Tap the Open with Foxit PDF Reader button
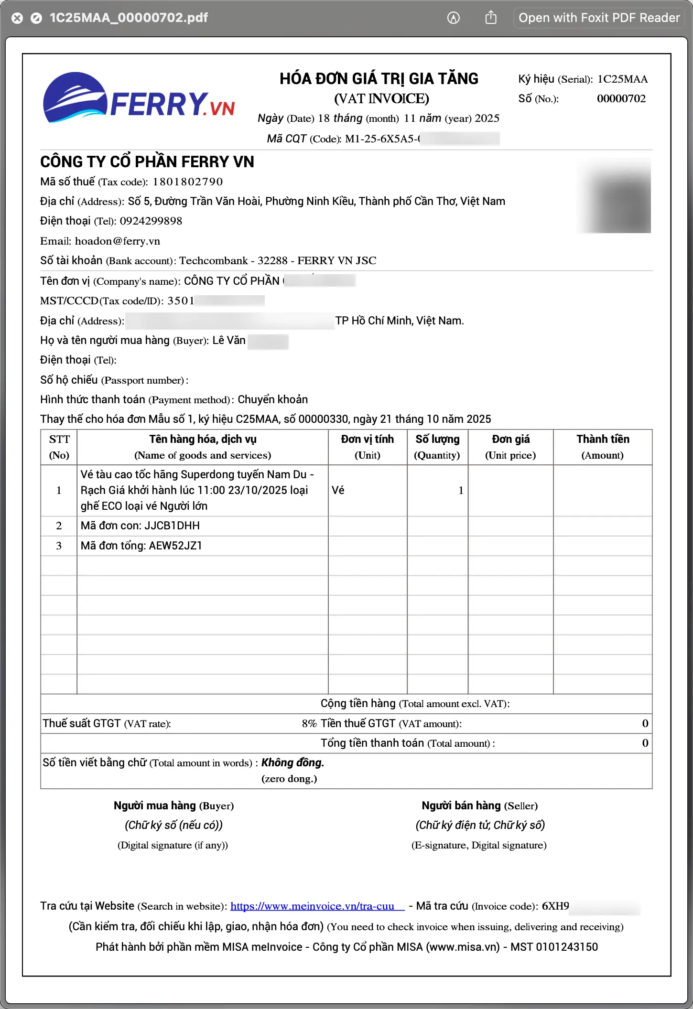(599, 18)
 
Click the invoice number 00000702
(621, 99)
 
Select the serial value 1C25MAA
(622, 79)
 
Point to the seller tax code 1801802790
(187, 182)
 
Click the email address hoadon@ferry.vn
(117, 241)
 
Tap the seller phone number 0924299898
(151, 221)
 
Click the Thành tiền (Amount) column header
(602, 447)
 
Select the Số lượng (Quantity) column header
(437, 447)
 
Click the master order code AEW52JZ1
(175, 546)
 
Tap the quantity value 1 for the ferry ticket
(461, 490)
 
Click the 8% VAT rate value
(309, 723)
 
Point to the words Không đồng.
(292, 762)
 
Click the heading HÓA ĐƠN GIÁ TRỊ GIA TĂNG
(379, 79)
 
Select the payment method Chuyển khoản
(272, 399)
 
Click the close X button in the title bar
(17, 18)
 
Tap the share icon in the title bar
(491, 18)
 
